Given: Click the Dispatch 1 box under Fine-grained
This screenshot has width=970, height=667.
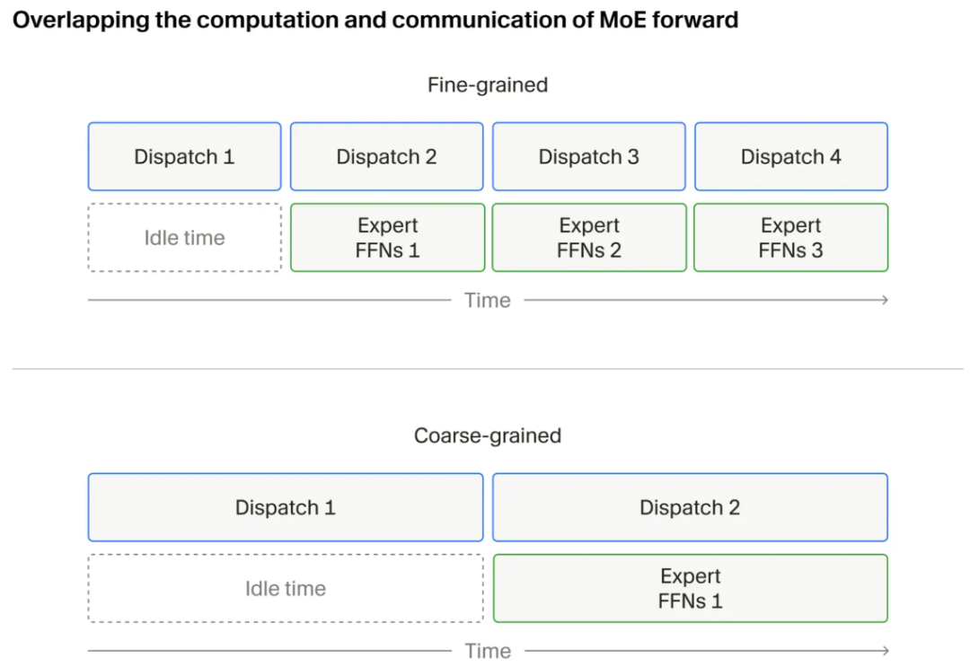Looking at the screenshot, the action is (x=184, y=156).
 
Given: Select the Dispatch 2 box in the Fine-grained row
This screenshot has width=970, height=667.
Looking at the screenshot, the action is (x=386, y=156).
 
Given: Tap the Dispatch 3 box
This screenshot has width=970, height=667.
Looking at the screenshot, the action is (x=589, y=156).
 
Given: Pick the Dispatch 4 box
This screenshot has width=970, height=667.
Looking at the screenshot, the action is (x=791, y=156).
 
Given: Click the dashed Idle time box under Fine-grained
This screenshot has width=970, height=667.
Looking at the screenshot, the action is (x=184, y=237).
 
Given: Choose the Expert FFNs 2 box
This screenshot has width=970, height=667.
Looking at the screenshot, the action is (x=589, y=237).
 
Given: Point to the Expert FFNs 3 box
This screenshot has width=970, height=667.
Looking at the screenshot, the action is (x=791, y=237).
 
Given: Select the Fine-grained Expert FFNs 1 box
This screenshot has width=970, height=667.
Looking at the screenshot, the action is (x=387, y=237).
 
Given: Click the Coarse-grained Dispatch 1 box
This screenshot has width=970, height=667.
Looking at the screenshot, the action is (x=286, y=507).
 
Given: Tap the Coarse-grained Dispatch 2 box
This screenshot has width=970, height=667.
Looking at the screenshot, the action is (x=690, y=507).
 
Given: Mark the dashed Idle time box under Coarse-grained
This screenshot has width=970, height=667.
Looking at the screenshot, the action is (x=286, y=589).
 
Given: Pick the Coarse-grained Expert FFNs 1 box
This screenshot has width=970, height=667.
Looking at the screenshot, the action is (x=691, y=589).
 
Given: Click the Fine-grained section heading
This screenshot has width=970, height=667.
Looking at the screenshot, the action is (x=488, y=84).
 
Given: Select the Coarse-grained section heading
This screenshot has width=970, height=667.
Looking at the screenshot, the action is (x=488, y=435).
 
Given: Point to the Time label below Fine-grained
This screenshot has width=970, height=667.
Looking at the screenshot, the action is (x=488, y=301).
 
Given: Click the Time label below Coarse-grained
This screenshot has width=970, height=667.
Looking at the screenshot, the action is (x=488, y=651).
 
